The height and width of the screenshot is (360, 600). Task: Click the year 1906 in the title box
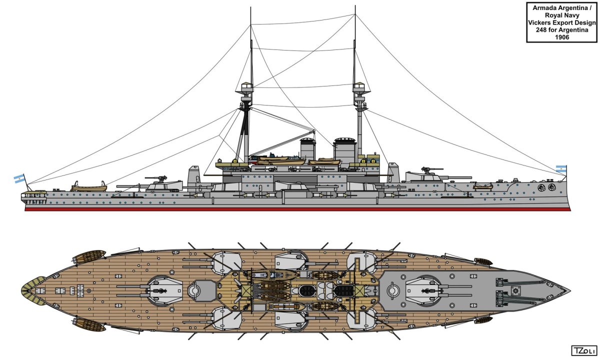tap(562, 37)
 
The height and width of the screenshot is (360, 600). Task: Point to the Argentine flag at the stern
tap(19, 178)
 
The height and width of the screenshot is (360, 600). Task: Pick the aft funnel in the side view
tap(308, 148)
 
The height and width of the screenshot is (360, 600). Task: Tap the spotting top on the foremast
tap(359, 90)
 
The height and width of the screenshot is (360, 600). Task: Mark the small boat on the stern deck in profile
tap(88, 187)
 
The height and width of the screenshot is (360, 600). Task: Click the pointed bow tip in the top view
tap(568, 289)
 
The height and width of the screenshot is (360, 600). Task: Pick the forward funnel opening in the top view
tap(345, 289)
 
